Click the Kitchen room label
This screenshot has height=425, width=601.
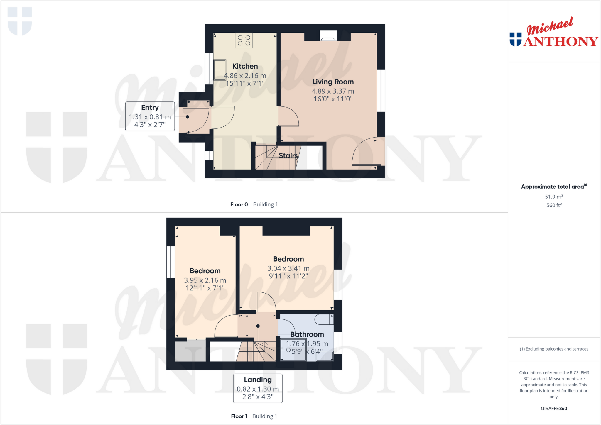pyautogui.click(x=245, y=66)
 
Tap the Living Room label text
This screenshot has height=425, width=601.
pyautogui.click(x=333, y=82)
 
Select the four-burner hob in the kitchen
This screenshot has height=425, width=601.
pyautogui.click(x=244, y=40)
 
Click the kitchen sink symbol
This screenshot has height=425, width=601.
pyautogui.click(x=220, y=70)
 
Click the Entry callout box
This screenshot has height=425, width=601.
pyautogui.click(x=150, y=116)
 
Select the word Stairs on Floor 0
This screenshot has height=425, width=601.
pyautogui.click(x=288, y=155)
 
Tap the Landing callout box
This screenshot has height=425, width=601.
pyautogui.click(x=258, y=388)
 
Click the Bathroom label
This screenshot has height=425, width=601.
pyautogui.click(x=307, y=334)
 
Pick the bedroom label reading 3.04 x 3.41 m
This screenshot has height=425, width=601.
pyautogui.click(x=288, y=268)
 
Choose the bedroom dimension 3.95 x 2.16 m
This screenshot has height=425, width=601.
pyautogui.click(x=205, y=280)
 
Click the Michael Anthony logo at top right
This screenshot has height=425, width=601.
pyautogui.click(x=553, y=33)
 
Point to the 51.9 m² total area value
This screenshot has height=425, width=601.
pyautogui.click(x=554, y=197)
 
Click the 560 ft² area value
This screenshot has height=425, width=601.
pyautogui.click(x=554, y=205)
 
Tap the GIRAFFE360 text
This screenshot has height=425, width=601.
pyautogui.click(x=554, y=408)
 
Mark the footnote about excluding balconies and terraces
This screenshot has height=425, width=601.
pyautogui.click(x=554, y=349)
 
